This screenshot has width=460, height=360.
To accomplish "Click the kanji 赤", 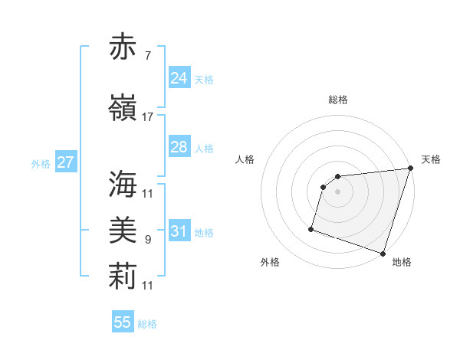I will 123,47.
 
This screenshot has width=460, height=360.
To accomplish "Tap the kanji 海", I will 123,184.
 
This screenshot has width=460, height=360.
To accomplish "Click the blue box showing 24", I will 179,77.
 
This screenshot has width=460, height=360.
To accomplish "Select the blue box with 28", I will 179,147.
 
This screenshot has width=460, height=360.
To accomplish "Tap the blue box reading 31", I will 179,231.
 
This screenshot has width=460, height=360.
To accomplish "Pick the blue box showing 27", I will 65,162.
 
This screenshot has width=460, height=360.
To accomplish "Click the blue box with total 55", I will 123,322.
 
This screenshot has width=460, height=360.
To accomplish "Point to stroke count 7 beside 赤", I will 147,54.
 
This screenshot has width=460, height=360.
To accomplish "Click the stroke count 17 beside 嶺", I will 147,116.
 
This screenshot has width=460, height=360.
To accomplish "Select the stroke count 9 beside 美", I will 147,240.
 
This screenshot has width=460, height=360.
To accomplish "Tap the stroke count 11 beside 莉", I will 147,286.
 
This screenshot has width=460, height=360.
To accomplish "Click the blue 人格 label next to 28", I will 204,149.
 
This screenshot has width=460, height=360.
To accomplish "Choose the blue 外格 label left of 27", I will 41,164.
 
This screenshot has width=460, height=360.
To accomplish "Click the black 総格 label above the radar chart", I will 338,100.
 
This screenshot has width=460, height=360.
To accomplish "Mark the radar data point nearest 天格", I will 410,169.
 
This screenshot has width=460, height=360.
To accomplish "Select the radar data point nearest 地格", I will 383,253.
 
